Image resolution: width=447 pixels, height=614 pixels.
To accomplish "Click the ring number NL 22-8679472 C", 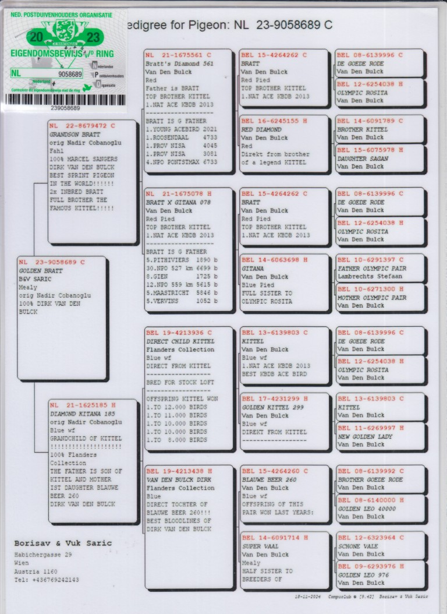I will coord(82,125).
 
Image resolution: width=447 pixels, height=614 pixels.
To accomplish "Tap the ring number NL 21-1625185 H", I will coord(83,405).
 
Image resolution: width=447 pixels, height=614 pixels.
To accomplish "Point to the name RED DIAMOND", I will coord(261,130).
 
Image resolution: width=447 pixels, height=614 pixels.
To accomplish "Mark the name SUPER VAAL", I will coord(260,546).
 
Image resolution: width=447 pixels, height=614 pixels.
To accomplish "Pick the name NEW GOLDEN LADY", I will coord(364,436).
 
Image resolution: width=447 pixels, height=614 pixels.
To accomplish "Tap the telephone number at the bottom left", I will coord(46,580).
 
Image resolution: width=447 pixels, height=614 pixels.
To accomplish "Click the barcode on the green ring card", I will coord(65,99).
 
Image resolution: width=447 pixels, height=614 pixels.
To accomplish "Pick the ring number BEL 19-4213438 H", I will coord(179,471).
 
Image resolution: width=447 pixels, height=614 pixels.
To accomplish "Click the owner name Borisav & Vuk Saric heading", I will coord(63,543).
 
